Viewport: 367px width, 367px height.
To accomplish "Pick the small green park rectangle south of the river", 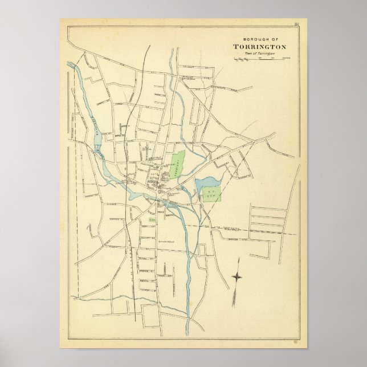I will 152,218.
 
